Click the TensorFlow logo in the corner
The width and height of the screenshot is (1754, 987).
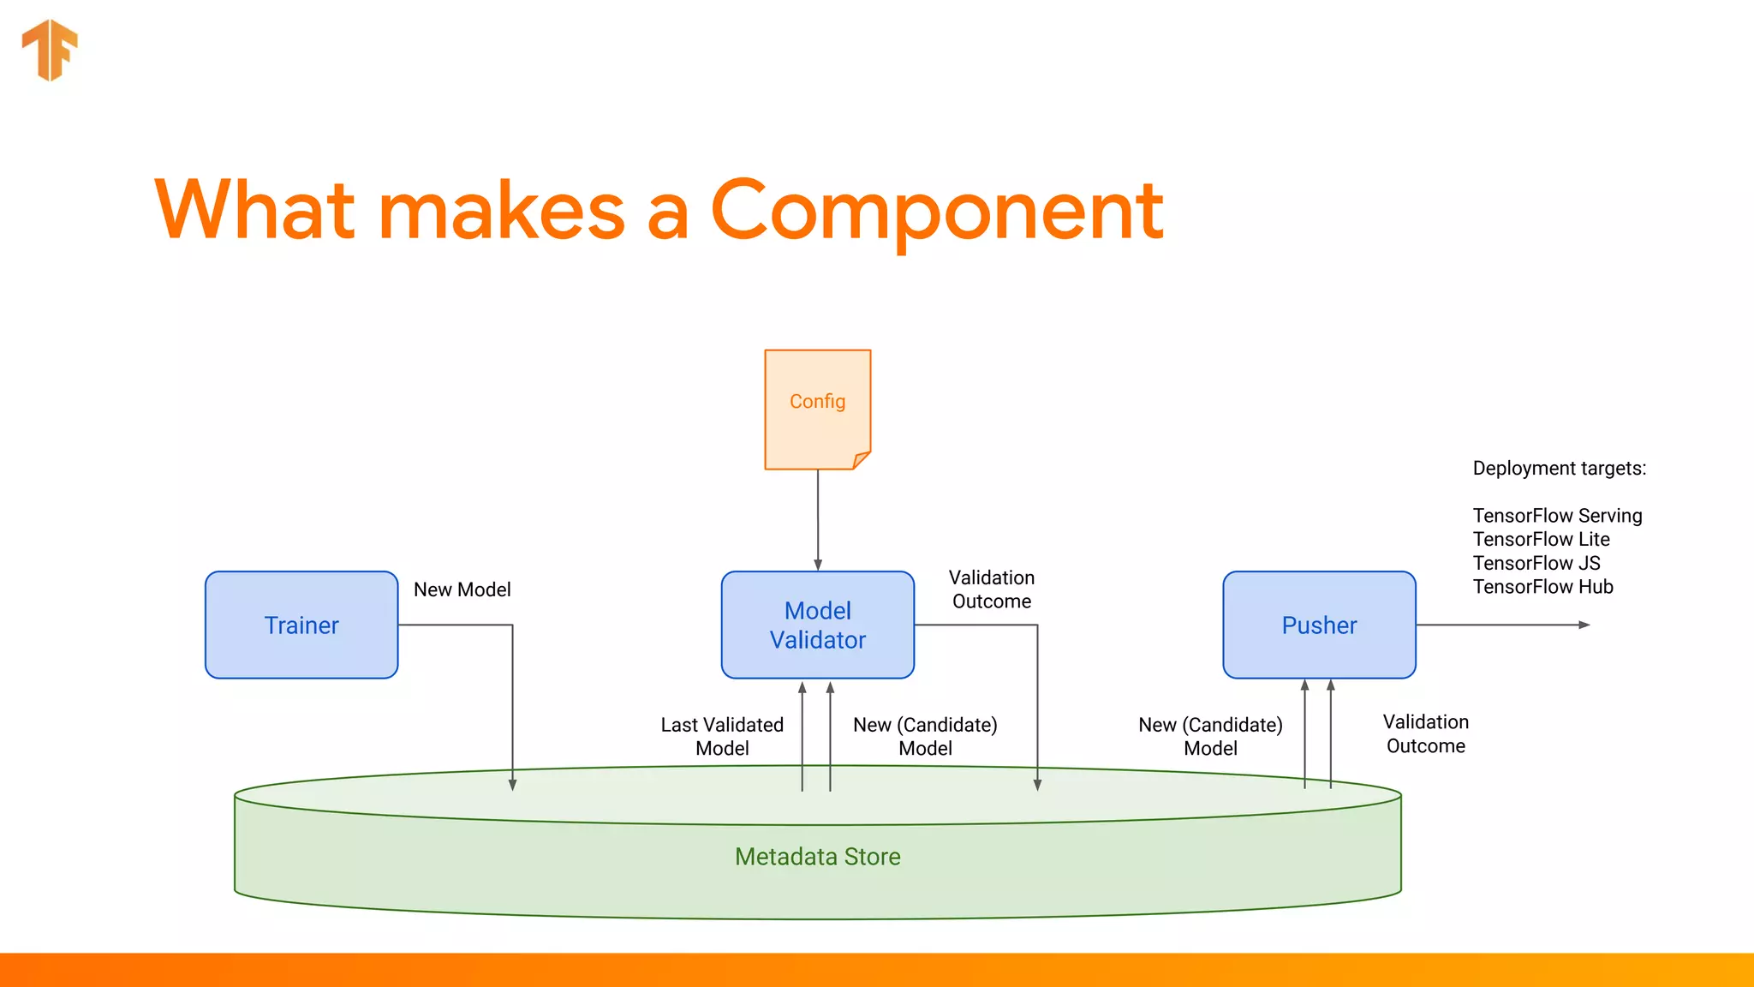point(50,50)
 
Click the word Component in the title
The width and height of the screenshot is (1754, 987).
point(937,211)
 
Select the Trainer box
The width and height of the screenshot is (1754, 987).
point(301,625)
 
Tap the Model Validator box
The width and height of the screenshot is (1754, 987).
point(817,625)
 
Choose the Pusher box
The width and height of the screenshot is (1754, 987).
point(1319,625)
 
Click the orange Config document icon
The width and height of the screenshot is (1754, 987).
point(817,410)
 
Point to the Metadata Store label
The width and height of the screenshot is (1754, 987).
point(817,857)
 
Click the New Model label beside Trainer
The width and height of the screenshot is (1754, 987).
point(462,589)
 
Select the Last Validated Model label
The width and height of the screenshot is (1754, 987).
point(722,737)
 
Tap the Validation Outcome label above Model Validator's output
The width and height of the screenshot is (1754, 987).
point(992,589)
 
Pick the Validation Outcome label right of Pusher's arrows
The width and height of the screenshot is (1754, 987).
point(1425,734)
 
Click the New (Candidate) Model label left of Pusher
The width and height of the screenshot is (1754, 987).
point(1210,737)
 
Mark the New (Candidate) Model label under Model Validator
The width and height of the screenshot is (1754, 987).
point(925,737)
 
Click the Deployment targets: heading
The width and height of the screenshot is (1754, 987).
point(1559,469)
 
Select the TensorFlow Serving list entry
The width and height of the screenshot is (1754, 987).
point(1557,516)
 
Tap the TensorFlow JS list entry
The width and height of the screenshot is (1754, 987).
point(1536,563)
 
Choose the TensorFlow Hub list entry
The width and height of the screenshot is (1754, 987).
point(1542,587)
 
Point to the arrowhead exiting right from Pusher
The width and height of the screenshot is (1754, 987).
point(1584,625)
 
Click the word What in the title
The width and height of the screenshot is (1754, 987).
point(255,211)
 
